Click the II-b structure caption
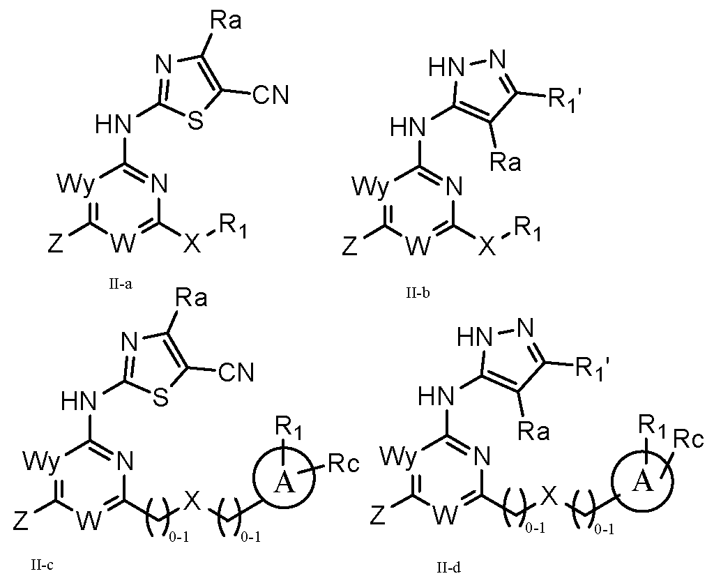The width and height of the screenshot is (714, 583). [x=418, y=293]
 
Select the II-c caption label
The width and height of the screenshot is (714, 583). [x=42, y=566]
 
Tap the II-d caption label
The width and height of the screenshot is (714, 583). [x=448, y=568]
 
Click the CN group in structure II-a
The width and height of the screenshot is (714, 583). [x=271, y=96]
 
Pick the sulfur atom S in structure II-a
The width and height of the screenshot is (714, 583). [x=195, y=120]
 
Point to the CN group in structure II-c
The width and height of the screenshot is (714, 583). [x=236, y=372]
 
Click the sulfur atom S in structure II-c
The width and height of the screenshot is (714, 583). [x=160, y=398]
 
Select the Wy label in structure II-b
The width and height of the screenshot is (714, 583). [x=372, y=187]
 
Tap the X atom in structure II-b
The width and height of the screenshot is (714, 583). [x=487, y=248]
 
